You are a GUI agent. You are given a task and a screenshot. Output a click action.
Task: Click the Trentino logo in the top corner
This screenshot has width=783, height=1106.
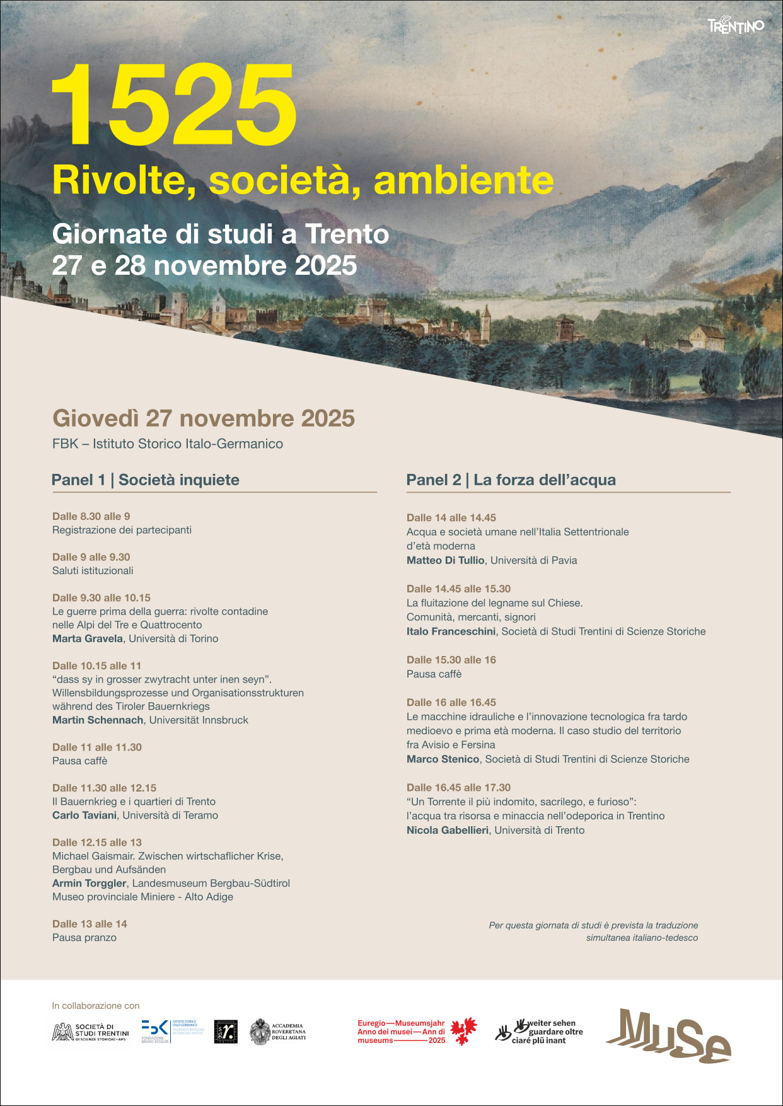(736, 26)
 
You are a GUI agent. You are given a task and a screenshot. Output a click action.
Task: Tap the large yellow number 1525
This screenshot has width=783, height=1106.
(173, 105)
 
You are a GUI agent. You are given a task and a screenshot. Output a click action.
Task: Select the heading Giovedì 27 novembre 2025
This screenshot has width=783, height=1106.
(204, 418)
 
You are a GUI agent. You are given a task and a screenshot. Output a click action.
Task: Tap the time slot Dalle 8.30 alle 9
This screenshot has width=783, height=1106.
(91, 517)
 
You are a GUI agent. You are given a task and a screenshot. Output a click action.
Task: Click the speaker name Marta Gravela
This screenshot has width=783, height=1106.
(88, 638)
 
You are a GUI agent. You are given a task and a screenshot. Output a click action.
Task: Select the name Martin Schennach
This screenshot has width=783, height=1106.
(98, 720)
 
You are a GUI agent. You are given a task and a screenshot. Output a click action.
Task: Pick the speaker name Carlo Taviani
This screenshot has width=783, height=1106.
(84, 815)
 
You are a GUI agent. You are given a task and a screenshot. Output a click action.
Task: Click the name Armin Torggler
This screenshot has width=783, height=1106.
(90, 884)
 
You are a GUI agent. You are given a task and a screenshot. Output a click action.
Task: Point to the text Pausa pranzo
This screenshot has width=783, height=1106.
(84, 938)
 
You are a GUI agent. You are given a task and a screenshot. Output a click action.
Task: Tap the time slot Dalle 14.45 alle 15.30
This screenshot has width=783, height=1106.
(458, 589)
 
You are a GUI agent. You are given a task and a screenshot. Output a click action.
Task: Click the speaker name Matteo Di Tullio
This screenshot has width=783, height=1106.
(445, 560)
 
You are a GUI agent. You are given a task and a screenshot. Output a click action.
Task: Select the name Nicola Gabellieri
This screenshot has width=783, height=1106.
(448, 831)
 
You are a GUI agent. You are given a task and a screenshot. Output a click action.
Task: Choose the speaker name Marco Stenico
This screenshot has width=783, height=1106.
(443, 759)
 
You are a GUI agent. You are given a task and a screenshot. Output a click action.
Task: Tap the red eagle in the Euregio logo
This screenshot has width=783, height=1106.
(463, 1032)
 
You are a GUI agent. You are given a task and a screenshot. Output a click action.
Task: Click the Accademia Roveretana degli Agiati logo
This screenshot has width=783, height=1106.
(278, 1032)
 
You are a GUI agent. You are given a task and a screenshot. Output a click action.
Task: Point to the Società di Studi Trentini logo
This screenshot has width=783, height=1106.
(90, 1032)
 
